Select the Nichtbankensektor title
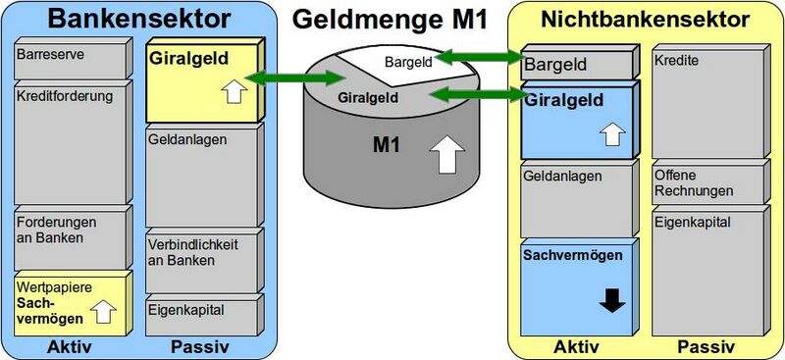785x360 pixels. coord(645,19)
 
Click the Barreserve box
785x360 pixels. coord(71,60)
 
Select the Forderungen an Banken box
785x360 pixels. coord(71,237)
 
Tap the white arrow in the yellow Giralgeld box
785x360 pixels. coord(232,92)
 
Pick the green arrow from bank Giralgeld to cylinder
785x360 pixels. coord(285,78)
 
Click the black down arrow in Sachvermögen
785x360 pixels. coord(612,301)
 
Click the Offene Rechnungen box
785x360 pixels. coord(707,183)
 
